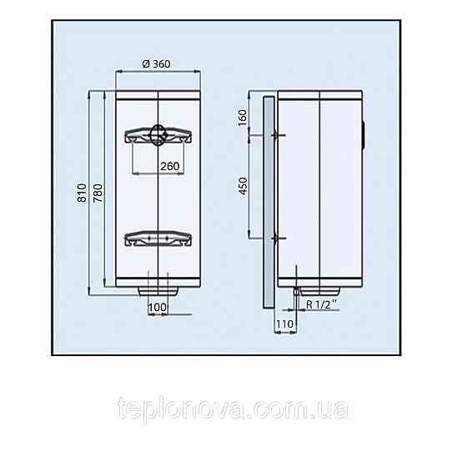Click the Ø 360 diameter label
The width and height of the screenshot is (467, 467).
click(156, 63)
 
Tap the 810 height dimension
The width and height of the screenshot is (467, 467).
click(82, 193)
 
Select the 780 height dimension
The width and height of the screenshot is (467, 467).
click(98, 193)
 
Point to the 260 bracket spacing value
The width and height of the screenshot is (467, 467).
click(170, 166)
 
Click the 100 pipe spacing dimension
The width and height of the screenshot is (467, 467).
click(157, 307)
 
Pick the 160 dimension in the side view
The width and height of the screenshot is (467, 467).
click(243, 118)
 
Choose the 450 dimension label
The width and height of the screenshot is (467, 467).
click(243, 186)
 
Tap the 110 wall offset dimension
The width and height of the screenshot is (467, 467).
click(284, 324)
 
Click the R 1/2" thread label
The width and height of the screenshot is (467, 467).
click(322, 304)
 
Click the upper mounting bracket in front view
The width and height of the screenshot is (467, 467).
click(158, 135)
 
